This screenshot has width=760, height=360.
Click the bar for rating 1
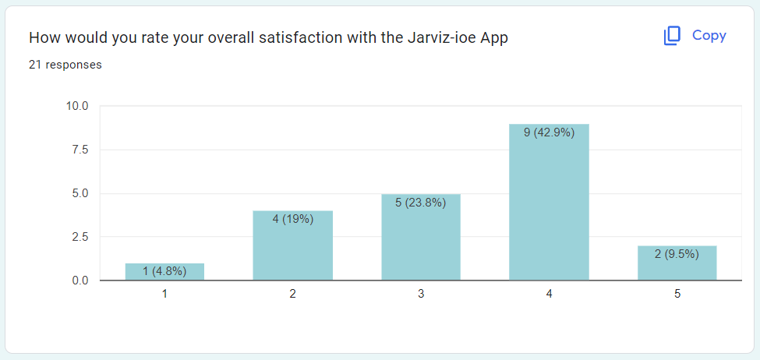pyautogui.click(x=164, y=272)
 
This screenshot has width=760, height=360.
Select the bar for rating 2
pyautogui.click(x=293, y=249)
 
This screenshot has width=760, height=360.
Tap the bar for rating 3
pyautogui.click(x=421, y=242)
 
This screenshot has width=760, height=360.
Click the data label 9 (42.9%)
pyautogui.click(x=549, y=132)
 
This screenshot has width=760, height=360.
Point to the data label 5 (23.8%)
pyautogui.click(x=421, y=203)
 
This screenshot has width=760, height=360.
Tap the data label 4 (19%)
pyautogui.click(x=293, y=219)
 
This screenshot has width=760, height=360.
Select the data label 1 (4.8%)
pyautogui.click(x=164, y=271)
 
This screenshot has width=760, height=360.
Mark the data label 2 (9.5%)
pyautogui.click(x=677, y=253)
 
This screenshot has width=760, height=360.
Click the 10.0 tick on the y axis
pyautogui.click(x=77, y=106)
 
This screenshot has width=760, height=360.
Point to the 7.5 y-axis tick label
pyautogui.click(x=80, y=150)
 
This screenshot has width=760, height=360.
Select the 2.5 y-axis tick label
pyautogui.click(x=80, y=237)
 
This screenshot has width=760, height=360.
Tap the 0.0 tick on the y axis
pyautogui.click(x=80, y=281)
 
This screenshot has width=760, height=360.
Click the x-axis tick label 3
pyautogui.click(x=421, y=295)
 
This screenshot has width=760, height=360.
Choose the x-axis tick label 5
pyautogui.click(x=677, y=295)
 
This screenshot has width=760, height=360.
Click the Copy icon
pyautogui.click(x=672, y=36)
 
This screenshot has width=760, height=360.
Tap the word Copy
pyautogui.click(x=709, y=36)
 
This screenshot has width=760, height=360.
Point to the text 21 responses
pyautogui.click(x=65, y=65)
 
